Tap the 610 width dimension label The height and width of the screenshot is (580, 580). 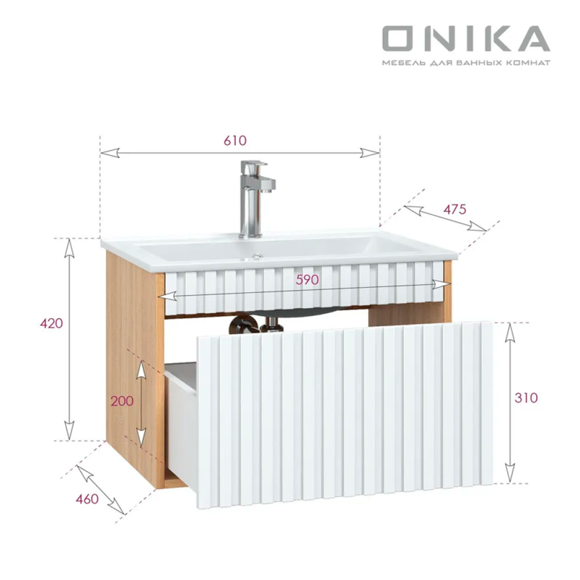click(235, 140)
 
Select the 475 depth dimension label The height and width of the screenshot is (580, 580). click(455, 210)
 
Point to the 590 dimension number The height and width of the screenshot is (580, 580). click(307, 280)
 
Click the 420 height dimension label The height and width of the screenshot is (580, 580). click(52, 323)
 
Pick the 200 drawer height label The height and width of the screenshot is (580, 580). click(122, 401)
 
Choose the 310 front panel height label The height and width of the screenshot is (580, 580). click(526, 398)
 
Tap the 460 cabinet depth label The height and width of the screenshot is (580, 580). click(87, 500)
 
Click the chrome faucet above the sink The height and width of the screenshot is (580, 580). click(255, 199)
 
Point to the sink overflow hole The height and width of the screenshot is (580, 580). click(257, 257)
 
